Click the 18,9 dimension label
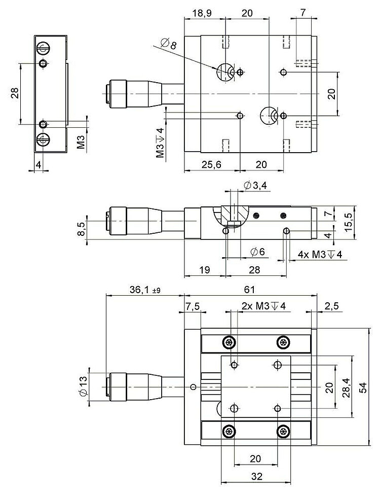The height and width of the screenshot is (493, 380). pos(202,13)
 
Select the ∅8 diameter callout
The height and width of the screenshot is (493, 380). pos(169,45)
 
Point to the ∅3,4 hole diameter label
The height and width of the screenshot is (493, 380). pos(255,186)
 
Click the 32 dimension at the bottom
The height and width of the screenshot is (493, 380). pos(256,476)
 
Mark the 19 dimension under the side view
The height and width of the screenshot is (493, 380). pos(204,270)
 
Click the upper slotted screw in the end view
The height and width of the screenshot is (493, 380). pos(44,49)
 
